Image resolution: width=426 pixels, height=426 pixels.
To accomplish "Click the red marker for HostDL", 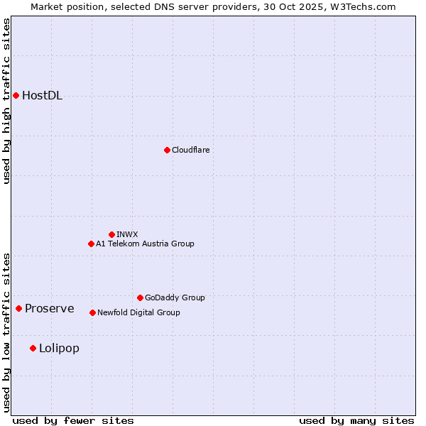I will click(x=16, y=95).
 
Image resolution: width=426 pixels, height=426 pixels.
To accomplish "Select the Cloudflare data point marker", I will click(x=167, y=150).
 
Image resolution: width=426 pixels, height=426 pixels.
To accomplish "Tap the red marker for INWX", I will click(x=111, y=234).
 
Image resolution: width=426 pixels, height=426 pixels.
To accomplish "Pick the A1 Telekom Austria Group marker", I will click(x=91, y=244).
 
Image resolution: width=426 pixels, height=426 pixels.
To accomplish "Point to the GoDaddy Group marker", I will click(x=140, y=297).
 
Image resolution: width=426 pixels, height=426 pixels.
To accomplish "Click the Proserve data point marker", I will click(x=18, y=308).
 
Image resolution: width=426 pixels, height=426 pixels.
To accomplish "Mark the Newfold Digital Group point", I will click(x=92, y=312).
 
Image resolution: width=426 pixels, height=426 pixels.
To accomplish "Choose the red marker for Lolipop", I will click(x=33, y=348).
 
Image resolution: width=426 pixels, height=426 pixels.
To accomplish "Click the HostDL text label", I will click(x=42, y=96).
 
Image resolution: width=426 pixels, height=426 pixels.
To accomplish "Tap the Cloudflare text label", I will click(x=190, y=150).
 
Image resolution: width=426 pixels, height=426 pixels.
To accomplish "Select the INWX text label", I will click(x=127, y=234).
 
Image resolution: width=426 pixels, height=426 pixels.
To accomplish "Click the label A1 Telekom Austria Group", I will click(x=145, y=244).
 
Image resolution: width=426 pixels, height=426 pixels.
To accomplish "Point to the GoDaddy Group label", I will click(x=175, y=297).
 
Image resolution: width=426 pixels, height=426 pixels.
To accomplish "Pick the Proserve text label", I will click(x=49, y=308).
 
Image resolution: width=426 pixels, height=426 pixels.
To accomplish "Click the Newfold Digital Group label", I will click(x=138, y=312).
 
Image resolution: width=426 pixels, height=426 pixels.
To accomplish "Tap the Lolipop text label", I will click(x=59, y=348).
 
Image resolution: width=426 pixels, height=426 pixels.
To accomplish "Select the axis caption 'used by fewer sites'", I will click(x=73, y=420).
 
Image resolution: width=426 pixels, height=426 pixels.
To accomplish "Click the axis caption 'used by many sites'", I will click(x=356, y=420).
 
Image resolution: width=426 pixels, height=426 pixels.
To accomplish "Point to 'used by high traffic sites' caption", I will click(x=6, y=101).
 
